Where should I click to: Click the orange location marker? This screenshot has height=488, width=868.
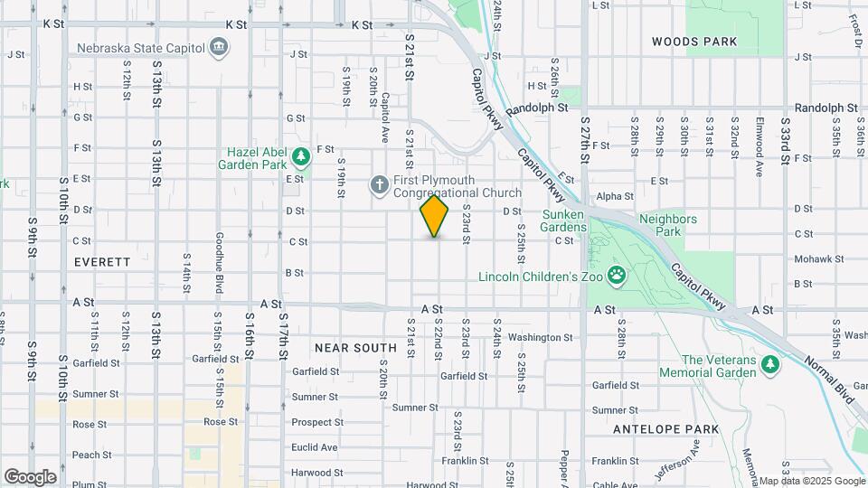[x=435, y=216]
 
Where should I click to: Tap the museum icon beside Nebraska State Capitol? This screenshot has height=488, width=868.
[x=218, y=46]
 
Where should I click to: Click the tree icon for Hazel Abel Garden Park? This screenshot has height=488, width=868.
[x=300, y=158]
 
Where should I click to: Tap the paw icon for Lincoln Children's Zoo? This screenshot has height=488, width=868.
[x=617, y=275]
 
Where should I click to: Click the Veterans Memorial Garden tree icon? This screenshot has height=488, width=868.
[x=769, y=363]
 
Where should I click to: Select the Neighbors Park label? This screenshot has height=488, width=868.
[x=667, y=225]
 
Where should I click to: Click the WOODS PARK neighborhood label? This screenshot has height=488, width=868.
[x=694, y=42]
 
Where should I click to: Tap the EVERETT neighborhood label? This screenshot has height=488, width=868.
[x=102, y=261]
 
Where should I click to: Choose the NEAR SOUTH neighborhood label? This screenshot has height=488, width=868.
[x=355, y=347]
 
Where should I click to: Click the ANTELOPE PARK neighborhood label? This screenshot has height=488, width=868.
[x=665, y=428]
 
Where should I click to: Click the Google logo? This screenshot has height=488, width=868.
[x=30, y=476]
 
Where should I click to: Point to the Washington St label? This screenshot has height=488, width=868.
[x=541, y=337]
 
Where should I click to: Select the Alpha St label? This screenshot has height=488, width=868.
[x=615, y=196]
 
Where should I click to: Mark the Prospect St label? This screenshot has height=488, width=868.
[x=314, y=422]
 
